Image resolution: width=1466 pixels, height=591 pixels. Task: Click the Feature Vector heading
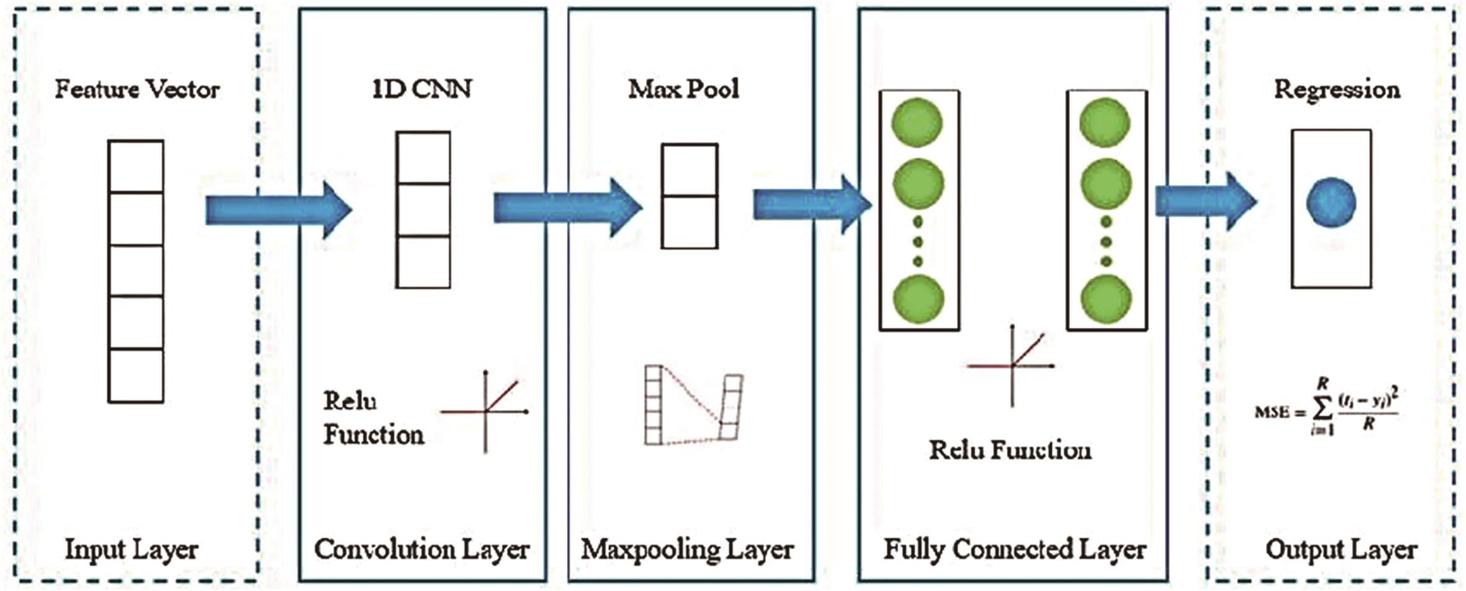(137, 89)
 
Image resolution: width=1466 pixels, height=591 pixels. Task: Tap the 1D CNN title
(422, 89)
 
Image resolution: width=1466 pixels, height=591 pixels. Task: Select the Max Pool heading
(684, 89)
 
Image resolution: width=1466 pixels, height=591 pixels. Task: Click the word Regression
(1337, 89)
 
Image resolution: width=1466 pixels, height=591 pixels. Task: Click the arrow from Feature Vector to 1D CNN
(278, 210)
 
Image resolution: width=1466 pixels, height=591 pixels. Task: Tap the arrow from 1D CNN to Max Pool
(567, 208)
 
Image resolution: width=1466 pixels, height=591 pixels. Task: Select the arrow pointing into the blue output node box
(1205, 202)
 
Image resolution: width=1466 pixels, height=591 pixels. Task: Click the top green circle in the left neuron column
(917, 122)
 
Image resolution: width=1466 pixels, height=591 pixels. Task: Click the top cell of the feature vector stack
(136, 166)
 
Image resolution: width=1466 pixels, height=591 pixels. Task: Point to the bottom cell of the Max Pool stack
(690, 222)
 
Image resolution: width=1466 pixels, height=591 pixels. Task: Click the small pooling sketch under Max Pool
(693, 405)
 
